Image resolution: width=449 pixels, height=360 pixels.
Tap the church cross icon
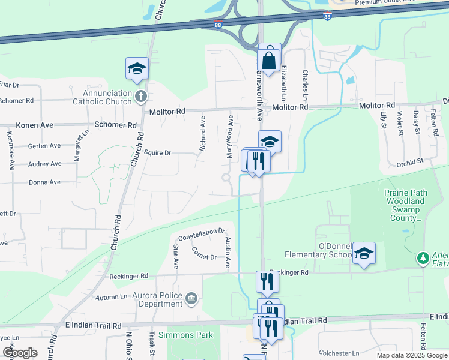140,97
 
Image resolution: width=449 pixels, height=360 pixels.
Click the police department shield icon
191,298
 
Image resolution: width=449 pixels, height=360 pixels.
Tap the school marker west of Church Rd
137,70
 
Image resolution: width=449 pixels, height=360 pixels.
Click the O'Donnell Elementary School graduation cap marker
364,254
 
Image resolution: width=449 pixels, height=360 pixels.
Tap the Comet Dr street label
205,257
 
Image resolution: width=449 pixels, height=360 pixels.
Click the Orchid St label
410,161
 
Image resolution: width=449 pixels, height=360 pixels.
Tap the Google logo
20,352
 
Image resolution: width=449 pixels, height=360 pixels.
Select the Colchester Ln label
338,353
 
